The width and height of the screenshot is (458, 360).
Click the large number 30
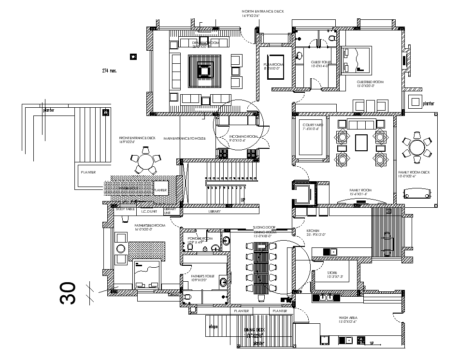(x=68, y=293)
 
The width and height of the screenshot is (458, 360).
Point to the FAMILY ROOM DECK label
(x=414, y=173)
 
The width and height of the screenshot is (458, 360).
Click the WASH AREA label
(x=347, y=318)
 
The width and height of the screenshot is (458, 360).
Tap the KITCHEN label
(x=313, y=231)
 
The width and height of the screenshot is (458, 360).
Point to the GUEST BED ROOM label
(x=370, y=82)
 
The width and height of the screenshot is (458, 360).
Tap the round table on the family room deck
(x=416, y=147)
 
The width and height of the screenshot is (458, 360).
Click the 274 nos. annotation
(x=110, y=71)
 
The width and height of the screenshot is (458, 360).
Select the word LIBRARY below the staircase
(x=215, y=212)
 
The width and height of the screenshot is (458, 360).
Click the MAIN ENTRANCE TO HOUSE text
(x=185, y=138)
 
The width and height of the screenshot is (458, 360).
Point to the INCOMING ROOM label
(x=244, y=136)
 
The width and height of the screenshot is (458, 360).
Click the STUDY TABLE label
(x=125, y=209)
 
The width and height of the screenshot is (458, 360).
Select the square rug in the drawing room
(x=204, y=71)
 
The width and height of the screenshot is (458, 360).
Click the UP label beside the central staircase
(x=243, y=200)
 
